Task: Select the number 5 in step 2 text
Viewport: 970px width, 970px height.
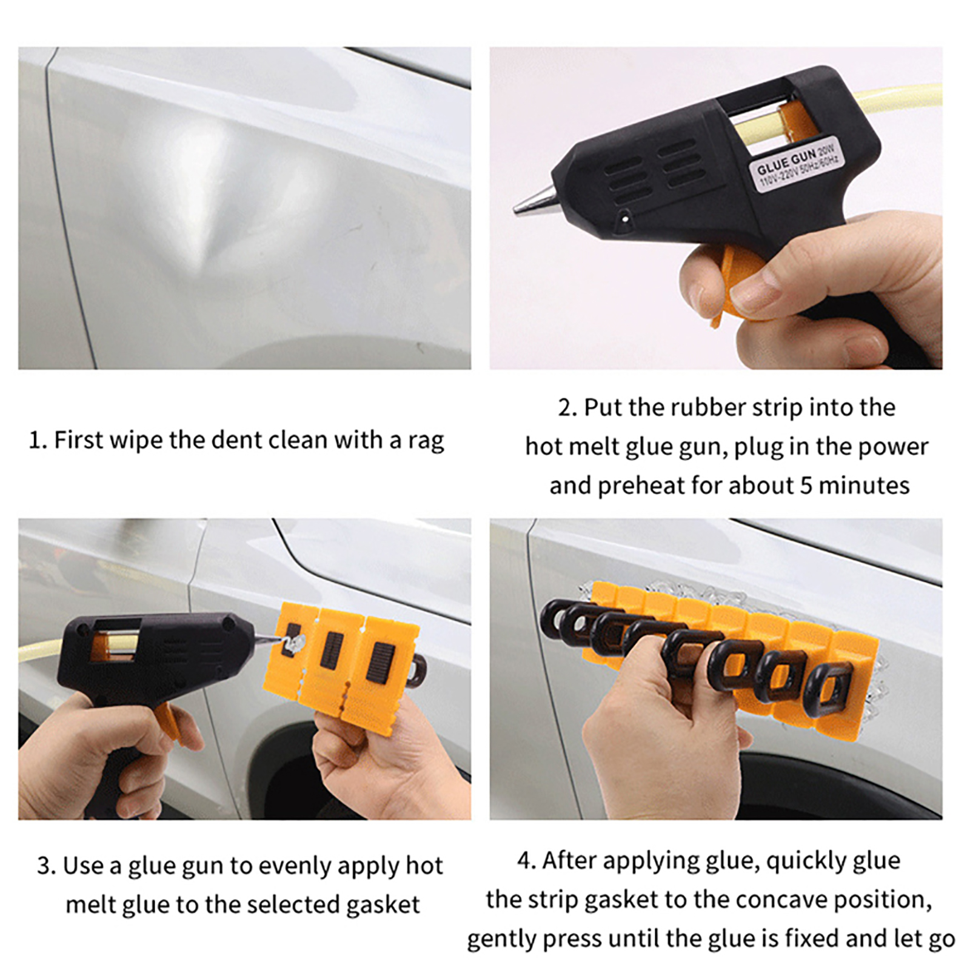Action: (806, 486)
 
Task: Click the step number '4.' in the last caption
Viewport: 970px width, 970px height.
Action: (526, 861)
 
